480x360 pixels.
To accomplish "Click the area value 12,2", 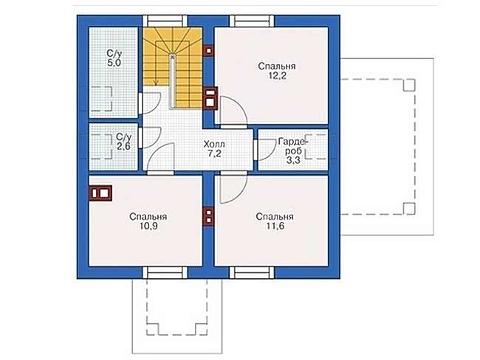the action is (278, 75).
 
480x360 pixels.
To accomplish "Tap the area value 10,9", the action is (148, 226).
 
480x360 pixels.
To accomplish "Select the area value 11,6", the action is (275, 226).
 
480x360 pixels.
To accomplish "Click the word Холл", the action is (214, 144).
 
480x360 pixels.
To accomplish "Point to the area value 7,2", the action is (214, 153).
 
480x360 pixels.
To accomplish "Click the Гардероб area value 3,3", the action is (293, 159).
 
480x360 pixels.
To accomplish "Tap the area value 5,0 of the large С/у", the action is (114, 63).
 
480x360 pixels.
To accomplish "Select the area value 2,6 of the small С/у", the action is (123, 146).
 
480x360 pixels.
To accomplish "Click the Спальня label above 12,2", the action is (277, 66).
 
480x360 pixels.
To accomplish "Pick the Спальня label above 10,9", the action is (148, 217).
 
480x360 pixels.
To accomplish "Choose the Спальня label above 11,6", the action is (275, 217).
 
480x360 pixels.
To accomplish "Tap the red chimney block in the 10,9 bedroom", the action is (100, 193).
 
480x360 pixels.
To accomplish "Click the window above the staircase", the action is (165, 21).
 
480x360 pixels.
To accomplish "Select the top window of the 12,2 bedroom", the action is (252, 21).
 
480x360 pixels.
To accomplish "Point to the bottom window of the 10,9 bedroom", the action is (165, 272).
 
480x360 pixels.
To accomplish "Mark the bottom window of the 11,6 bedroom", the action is (252, 272).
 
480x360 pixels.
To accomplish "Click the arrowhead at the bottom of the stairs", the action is (156, 83).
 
